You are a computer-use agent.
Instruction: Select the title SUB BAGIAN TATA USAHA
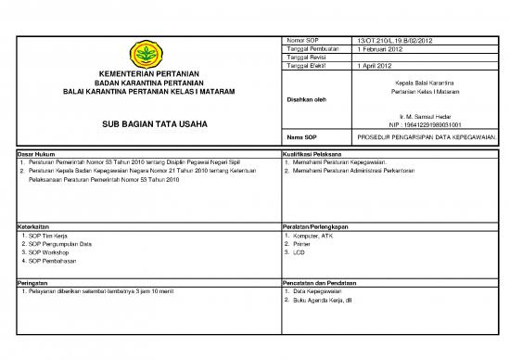pos(148,123)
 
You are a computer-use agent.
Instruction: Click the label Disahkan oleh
pos(307,99)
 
